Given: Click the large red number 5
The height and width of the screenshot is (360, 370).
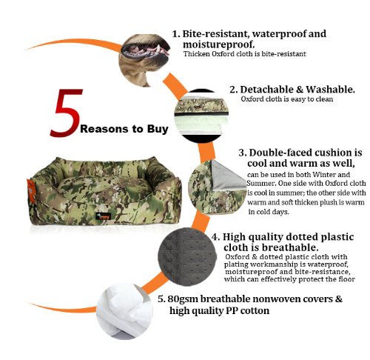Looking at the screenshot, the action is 66,113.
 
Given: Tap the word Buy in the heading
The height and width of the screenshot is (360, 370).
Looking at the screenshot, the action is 158,129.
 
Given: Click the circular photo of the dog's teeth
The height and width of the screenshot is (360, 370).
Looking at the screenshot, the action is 144,61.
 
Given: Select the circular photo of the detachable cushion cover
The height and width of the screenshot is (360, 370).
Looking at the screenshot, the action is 201,116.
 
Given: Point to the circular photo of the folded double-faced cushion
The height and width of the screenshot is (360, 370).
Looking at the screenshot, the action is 217,187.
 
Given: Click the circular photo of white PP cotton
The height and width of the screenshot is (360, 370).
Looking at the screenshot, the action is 124,311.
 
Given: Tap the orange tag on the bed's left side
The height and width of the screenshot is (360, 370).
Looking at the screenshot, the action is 30,192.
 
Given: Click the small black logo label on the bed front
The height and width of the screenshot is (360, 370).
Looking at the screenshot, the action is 104,216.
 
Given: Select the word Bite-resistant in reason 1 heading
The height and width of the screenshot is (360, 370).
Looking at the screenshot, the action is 215,34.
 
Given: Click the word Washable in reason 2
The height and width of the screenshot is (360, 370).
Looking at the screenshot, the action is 330,90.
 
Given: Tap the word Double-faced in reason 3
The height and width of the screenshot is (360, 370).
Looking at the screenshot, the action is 280,153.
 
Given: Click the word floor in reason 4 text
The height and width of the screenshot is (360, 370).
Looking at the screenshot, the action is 347,279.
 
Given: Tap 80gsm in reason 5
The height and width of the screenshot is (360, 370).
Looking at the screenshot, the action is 183,299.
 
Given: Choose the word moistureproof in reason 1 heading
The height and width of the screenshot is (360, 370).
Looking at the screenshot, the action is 218,44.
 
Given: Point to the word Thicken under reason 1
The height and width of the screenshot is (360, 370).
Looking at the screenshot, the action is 197,54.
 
